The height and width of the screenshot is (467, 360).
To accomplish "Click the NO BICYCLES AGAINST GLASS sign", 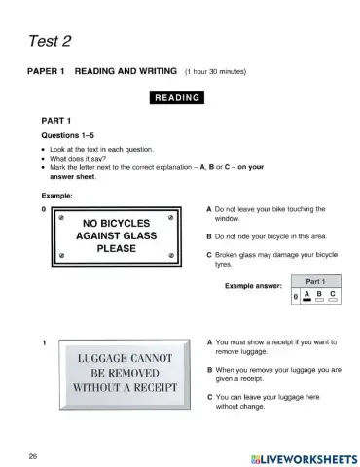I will coord(116,234).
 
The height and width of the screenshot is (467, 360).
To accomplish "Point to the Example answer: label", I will coord(254,287).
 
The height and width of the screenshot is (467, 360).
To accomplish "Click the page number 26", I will coord(33,454).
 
